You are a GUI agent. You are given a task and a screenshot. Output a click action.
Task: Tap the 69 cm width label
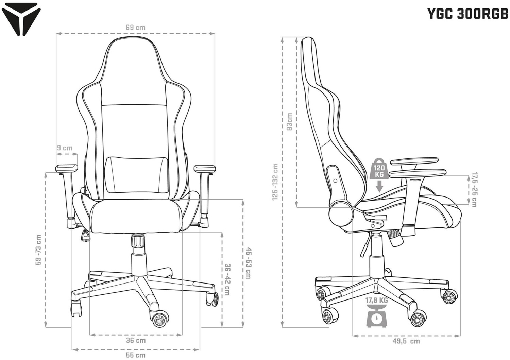[x=135, y=28]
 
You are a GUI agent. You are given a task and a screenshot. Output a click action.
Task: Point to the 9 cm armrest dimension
[x=65, y=148]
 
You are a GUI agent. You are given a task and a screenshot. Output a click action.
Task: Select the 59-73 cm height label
[x=38, y=250]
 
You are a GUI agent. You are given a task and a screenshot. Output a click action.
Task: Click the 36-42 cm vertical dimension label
[x=227, y=280]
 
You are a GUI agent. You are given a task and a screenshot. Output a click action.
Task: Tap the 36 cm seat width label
[x=136, y=340]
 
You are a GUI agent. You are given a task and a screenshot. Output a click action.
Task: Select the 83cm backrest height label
[x=290, y=122]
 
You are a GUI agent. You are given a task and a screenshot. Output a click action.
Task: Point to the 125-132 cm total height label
[x=275, y=182]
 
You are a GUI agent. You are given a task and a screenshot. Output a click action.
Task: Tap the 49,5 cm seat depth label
[x=406, y=347]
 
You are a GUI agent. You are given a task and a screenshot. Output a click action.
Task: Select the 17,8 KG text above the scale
[x=377, y=301]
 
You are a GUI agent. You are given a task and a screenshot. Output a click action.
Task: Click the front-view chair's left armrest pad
[x=67, y=168]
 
